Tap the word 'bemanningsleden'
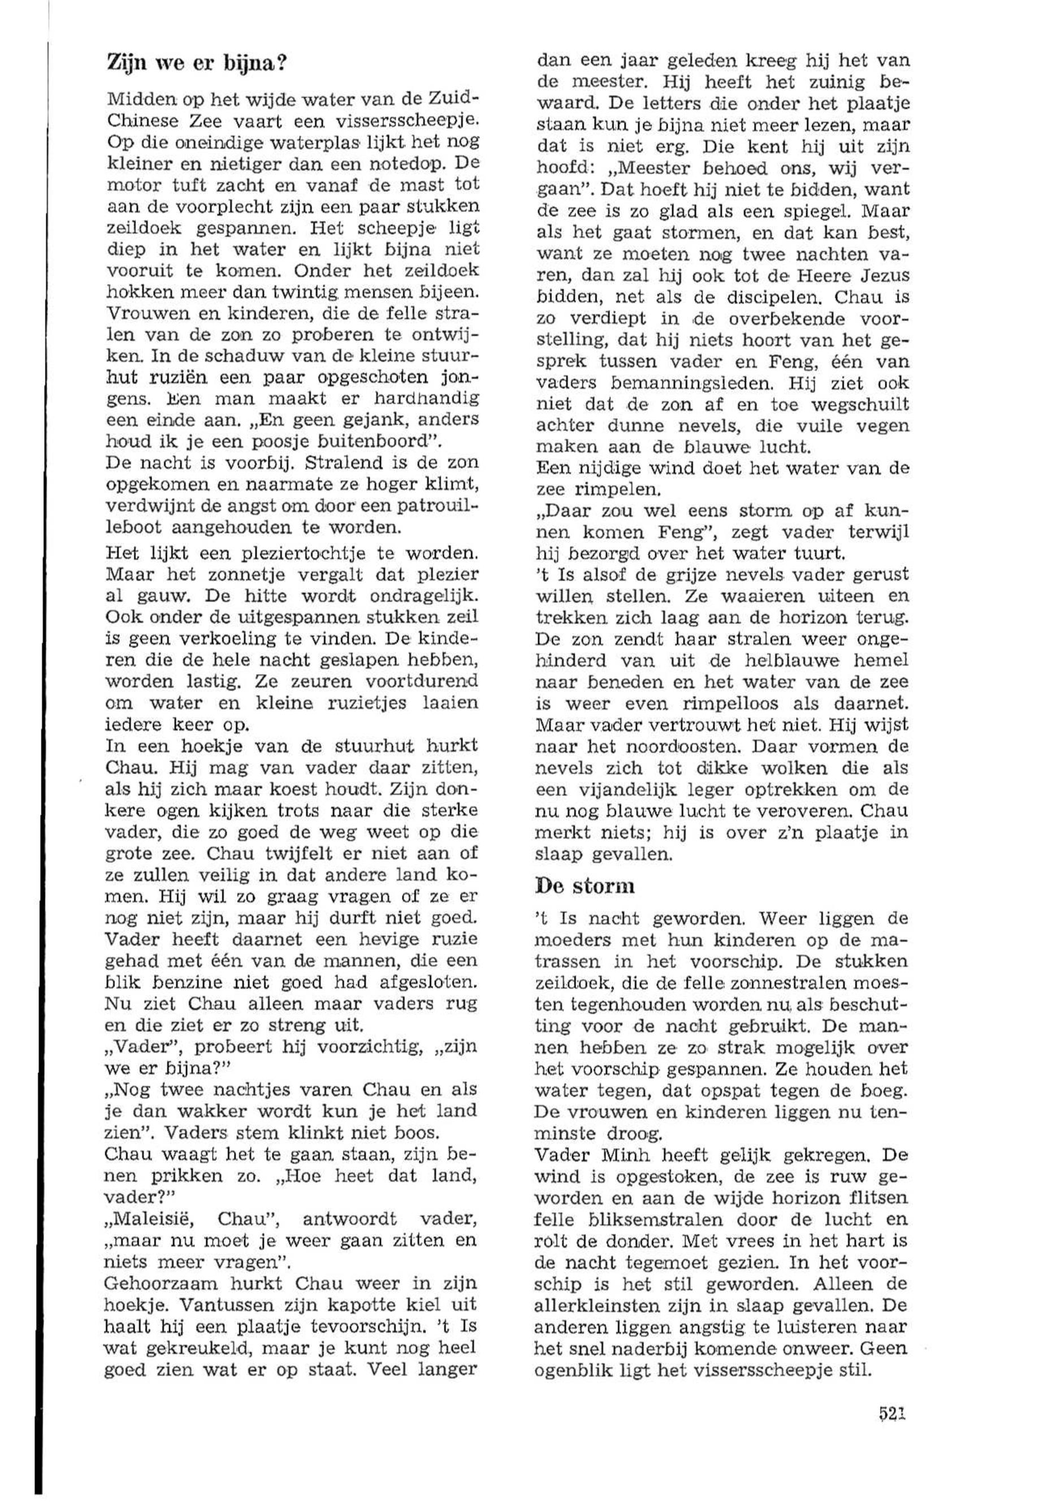[693, 383]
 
